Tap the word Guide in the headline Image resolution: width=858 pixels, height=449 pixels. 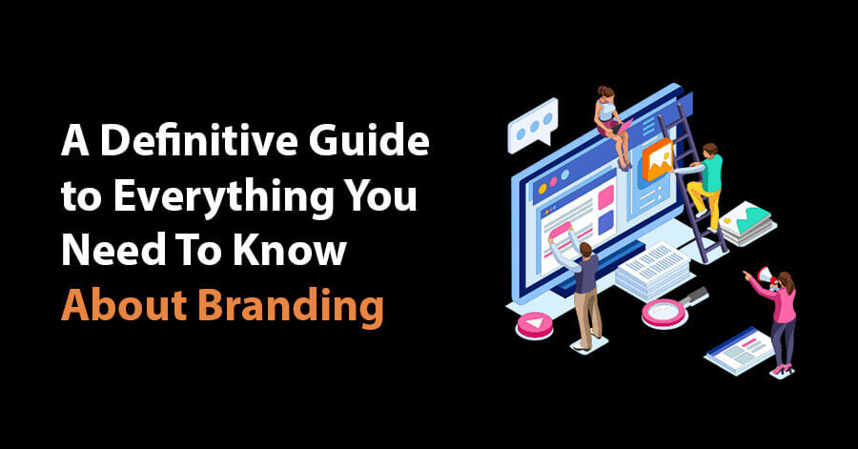tap(369, 139)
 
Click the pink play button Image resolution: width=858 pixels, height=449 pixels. tap(534, 324)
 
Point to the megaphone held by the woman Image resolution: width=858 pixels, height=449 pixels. tap(765, 276)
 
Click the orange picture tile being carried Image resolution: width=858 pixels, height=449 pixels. tap(657, 158)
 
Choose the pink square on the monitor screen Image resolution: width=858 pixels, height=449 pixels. tap(605, 197)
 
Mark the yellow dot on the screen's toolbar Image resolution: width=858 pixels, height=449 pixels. tap(542, 189)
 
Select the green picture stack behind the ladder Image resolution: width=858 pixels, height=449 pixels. tap(746, 220)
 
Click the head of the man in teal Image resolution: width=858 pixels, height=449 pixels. tap(709, 150)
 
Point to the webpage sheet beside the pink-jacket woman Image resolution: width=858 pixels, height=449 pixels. tap(738, 351)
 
